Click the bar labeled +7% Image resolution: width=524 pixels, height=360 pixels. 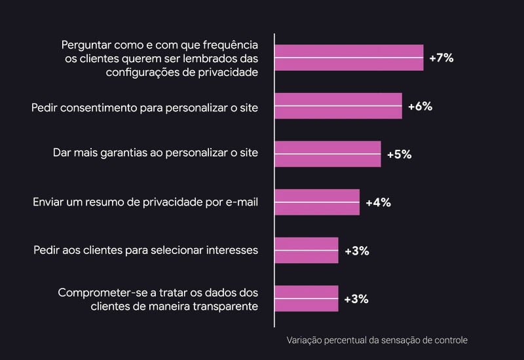[348, 58]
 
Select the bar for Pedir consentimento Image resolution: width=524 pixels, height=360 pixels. [338, 106]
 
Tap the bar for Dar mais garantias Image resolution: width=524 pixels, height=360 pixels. [327, 154]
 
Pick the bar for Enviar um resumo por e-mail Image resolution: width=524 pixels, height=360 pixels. [317, 202]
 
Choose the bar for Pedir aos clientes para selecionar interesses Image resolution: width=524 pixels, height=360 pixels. [307, 250]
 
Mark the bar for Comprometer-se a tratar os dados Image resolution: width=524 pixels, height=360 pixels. [307, 298]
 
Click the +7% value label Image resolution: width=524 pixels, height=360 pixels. [441, 58]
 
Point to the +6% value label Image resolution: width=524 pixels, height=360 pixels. [420, 106]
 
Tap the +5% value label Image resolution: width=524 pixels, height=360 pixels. [399, 154]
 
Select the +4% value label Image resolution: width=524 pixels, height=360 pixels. [378, 202]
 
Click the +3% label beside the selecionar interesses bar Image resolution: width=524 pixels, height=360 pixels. [356, 251]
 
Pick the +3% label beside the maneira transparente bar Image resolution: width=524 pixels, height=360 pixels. [356, 299]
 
